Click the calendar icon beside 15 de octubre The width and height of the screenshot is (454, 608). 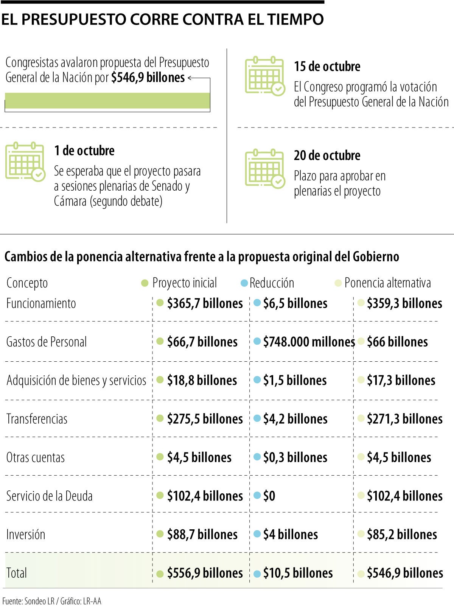[264, 76]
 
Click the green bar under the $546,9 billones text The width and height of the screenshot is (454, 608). [107, 101]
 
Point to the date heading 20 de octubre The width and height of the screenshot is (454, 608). [327, 155]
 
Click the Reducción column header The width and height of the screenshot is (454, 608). [271, 283]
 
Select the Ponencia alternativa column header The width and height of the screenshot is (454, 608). [387, 283]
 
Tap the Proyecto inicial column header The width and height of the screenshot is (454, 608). [184, 283]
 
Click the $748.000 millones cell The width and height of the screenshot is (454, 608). [309, 342]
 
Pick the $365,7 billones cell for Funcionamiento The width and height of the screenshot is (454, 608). [205, 303]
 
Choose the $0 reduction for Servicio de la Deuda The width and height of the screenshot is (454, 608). [269, 496]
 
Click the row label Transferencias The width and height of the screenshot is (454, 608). [37, 419]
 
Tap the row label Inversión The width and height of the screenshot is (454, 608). [26, 535]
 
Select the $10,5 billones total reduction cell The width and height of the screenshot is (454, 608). [298, 573]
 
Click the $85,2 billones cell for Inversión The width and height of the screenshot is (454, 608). [401, 535]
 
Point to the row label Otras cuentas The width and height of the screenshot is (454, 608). [36, 458]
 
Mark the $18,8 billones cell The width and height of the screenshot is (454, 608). [202, 381]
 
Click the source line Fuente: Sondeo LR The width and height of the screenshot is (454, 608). [51, 601]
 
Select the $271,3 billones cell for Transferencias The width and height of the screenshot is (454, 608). [404, 419]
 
